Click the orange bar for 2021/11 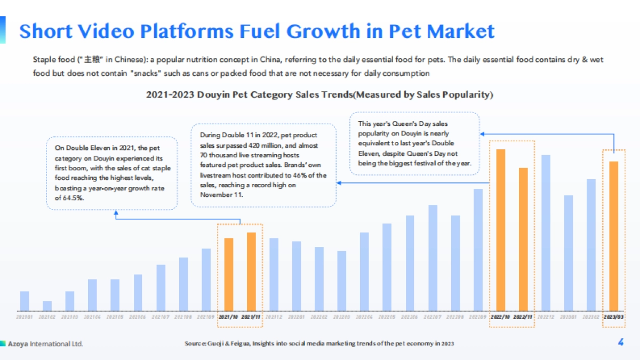251,271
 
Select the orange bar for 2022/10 501,230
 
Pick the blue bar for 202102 47,306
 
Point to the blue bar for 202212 546,233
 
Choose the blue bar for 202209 478,250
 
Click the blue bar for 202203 342,281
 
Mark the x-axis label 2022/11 523,317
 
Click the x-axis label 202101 25,317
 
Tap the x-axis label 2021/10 229,317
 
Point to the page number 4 620,343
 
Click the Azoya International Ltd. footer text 45,343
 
